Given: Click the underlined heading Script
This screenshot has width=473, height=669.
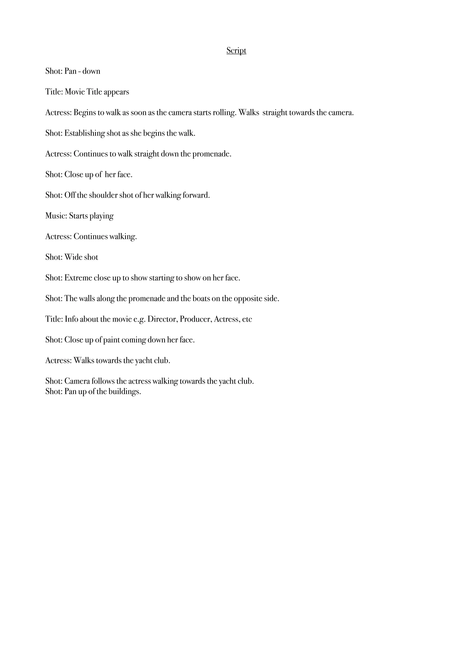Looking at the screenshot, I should [236, 51].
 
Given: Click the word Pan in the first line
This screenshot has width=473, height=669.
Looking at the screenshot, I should [70, 71].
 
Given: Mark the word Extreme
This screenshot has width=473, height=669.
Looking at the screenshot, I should [78, 278].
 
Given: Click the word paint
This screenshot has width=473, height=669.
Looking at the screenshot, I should [112, 340].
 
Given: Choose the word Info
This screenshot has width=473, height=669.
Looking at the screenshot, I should [71, 319].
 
